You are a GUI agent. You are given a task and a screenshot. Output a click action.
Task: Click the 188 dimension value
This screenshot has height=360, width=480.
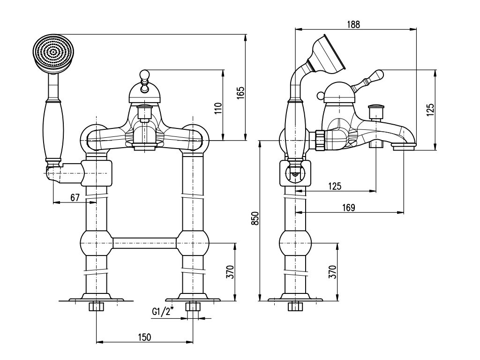point(354,25)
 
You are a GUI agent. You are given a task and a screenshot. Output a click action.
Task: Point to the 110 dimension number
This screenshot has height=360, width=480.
point(217,109)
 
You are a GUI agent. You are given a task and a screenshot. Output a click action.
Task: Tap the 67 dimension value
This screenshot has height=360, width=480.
point(75,197)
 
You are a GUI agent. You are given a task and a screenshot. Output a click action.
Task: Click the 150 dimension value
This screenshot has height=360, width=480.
point(144,337)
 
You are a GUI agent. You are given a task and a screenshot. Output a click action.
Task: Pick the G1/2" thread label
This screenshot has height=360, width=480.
point(162,311)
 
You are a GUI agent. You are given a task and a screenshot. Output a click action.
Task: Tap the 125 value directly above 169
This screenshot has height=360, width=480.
point(334,186)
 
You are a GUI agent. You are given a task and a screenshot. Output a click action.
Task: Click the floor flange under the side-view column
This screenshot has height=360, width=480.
point(295,299)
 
